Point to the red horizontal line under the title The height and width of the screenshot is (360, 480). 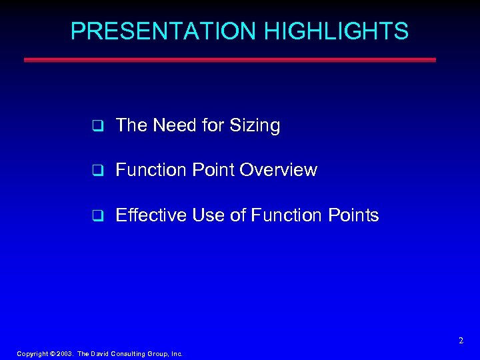pyautogui.click(x=229, y=59)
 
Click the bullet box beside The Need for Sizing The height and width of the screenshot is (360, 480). pyautogui.click(x=97, y=125)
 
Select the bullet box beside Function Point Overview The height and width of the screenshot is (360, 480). pyautogui.click(x=97, y=171)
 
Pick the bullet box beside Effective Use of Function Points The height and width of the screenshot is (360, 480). pyautogui.click(x=97, y=216)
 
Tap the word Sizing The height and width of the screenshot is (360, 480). pyautogui.click(x=254, y=126)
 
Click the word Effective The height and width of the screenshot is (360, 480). pyautogui.click(x=151, y=215)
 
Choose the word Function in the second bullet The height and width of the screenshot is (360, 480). pyautogui.click(x=149, y=171)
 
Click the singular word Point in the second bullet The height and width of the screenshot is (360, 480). pyautogui.click(x=213, y=171)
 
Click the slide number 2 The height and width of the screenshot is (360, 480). pyautogui.click(x=461, y=341)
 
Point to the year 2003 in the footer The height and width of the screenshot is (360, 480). pyautogui.click(x=64, y=354)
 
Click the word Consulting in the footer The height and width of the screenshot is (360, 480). pyautogui.click(x=126, y=354)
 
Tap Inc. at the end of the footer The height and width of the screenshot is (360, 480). pyautogui.click(x=176, y=354)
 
